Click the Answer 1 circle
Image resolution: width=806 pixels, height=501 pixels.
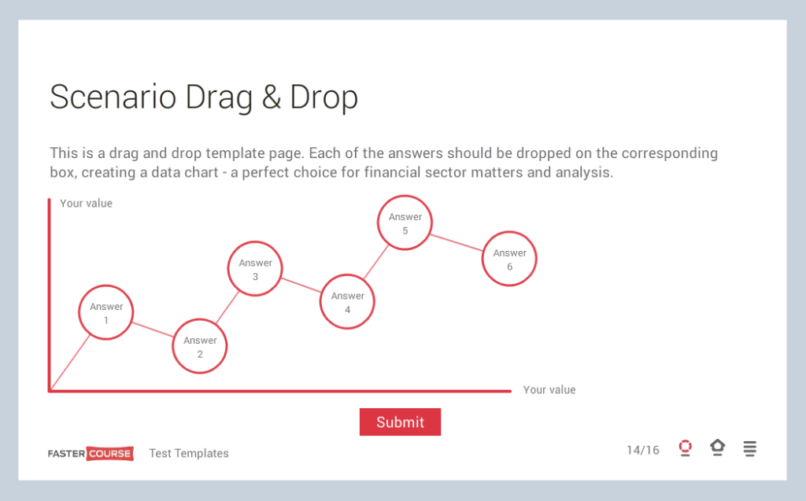105,313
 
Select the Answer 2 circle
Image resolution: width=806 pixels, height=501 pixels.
200,347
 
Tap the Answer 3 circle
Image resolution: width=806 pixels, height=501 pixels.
255,269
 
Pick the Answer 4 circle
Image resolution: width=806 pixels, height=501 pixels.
347,302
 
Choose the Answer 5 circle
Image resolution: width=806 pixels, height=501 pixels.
405,223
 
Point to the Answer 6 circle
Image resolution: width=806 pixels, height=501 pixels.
509,260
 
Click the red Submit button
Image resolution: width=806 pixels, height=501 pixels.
400,422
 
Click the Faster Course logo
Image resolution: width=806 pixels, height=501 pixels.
91,453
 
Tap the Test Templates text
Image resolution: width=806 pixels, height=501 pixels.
189,453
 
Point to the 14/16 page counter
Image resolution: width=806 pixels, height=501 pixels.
643,450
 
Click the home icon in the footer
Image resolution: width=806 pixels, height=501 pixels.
717,448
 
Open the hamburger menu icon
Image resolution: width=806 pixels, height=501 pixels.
750,448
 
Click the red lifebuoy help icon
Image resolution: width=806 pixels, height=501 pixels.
685,448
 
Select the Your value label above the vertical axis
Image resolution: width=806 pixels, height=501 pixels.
86,203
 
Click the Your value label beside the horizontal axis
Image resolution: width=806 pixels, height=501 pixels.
549,390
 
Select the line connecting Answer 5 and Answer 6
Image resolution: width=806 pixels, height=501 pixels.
457,242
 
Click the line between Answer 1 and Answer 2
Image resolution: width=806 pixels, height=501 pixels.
153,330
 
